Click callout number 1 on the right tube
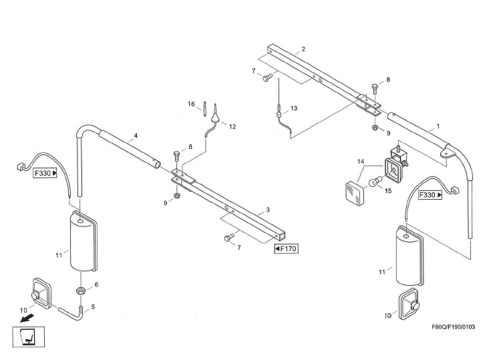[438, 125]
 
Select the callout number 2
[303, 49]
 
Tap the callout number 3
[268, 210]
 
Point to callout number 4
[136, 136]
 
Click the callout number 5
[93, 307]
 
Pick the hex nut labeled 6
[79, 291]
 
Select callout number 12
[232, 126]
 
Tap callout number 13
[294, 108]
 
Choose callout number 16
[191, 104]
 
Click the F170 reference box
[286, 249]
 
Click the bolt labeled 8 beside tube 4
[176, 157]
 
